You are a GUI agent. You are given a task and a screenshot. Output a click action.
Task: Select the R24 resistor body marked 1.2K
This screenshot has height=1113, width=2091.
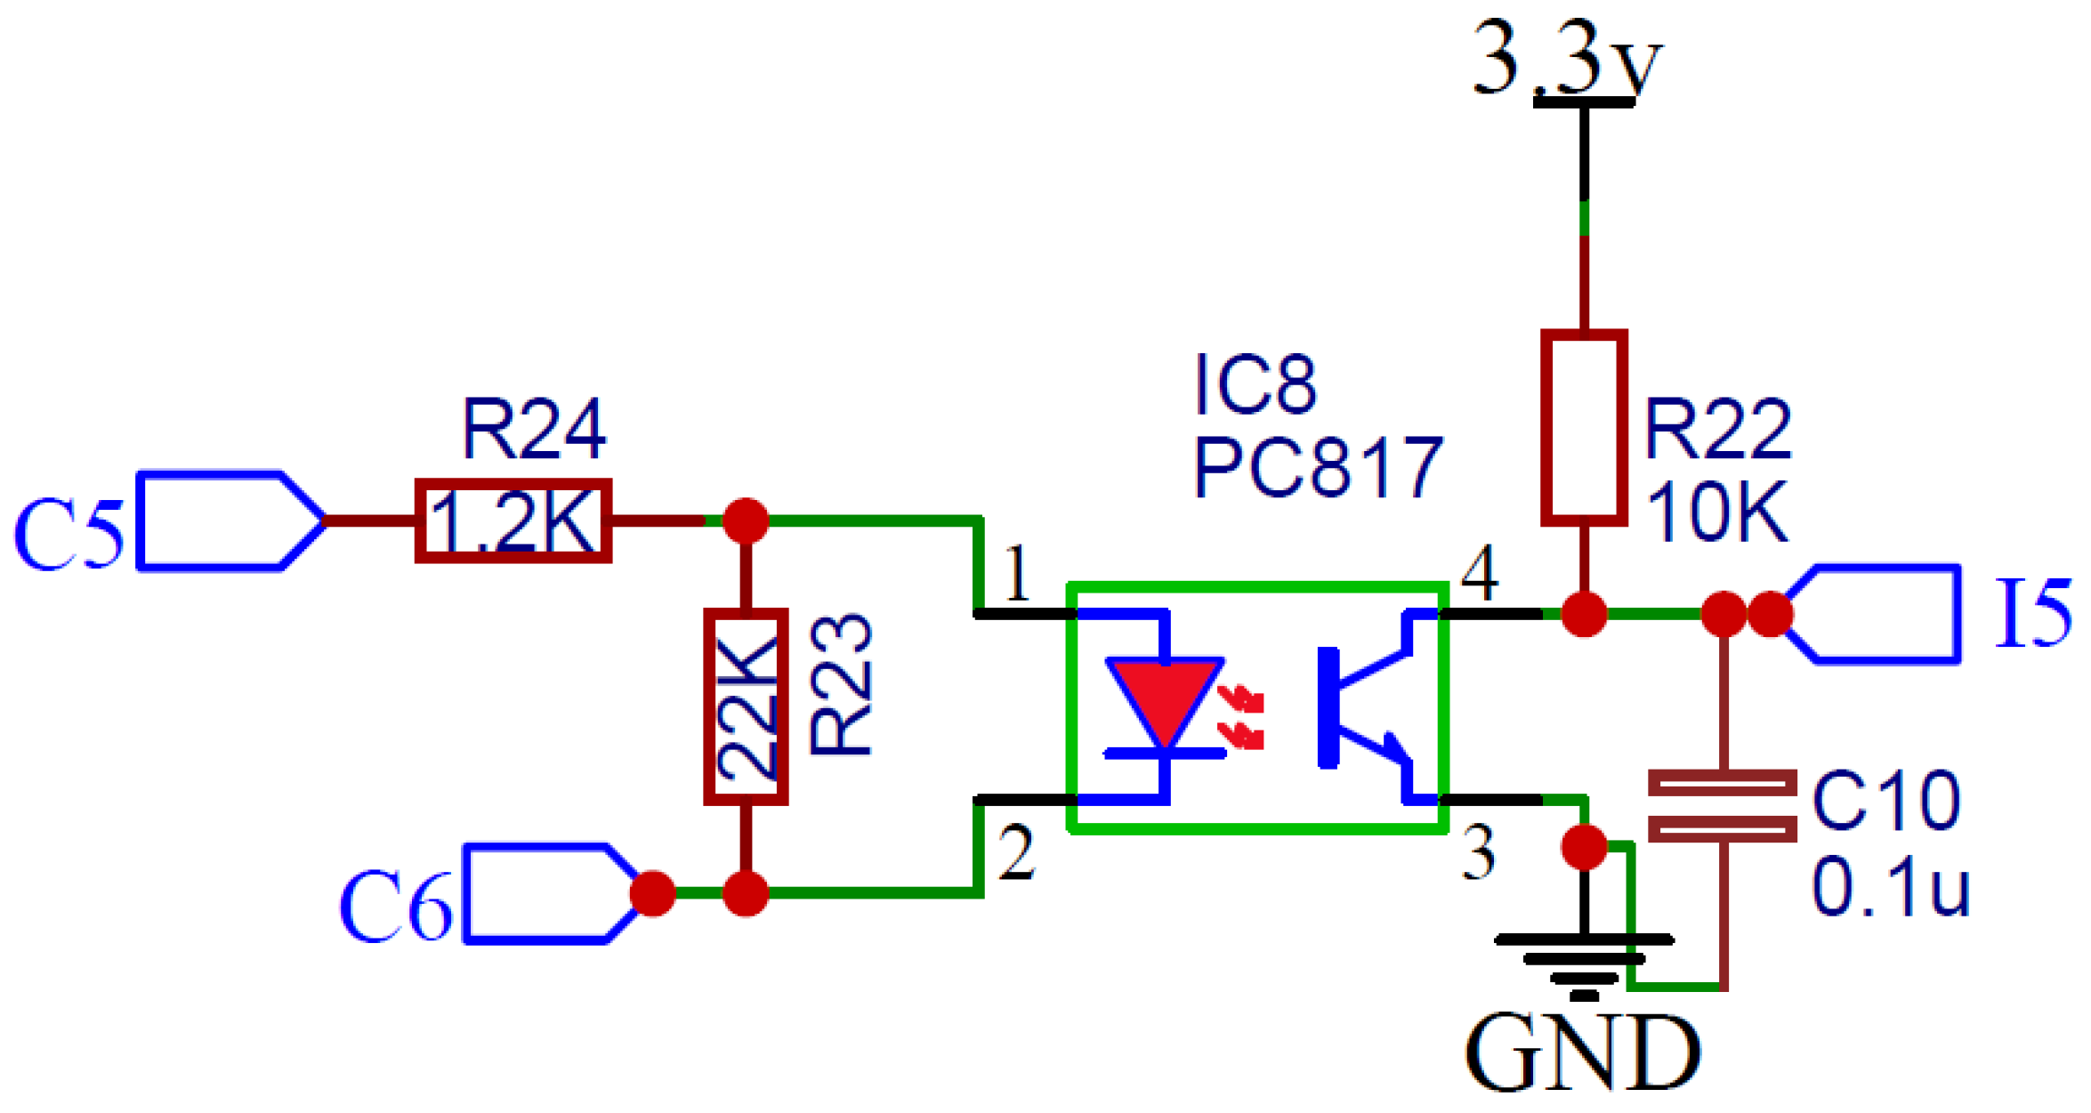tap(513, 521)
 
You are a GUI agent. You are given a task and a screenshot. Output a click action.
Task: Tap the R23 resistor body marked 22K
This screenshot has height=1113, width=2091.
tap(746, 707)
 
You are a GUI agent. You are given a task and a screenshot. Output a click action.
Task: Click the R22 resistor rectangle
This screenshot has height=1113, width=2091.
tap(1584, 428)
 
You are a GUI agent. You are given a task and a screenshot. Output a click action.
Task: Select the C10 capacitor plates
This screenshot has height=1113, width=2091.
tap(1722, 805)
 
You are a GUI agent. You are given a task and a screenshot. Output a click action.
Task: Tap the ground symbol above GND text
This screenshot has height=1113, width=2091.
tap(1584, 961)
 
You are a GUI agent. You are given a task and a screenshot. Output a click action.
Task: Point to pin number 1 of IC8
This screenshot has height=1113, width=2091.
tap(1016, 574)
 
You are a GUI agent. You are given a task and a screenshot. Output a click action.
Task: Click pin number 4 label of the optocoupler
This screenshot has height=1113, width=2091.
tap(1479, 574)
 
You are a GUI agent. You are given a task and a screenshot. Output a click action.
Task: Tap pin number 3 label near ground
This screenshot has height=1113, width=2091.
tap(1479, 852)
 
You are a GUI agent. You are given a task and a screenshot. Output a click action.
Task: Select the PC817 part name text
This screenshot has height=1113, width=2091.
tap(1317, 467)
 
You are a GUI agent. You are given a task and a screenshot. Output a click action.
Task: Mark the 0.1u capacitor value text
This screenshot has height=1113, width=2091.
tap(1891, 888)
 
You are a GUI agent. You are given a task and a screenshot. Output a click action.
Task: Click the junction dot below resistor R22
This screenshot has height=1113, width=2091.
tap(1584, 614)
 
